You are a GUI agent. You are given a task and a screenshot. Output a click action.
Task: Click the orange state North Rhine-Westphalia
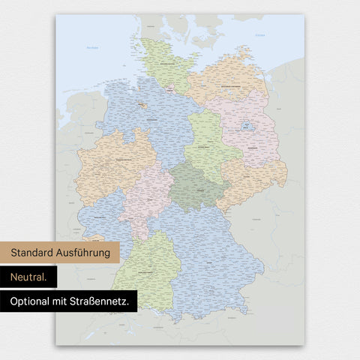pos(112,165)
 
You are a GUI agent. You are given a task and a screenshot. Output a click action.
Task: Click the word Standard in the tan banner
pos(34,253)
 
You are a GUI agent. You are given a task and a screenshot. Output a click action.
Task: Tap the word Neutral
pos(28,277)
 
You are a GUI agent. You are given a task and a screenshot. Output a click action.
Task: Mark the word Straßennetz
pos(104,301)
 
